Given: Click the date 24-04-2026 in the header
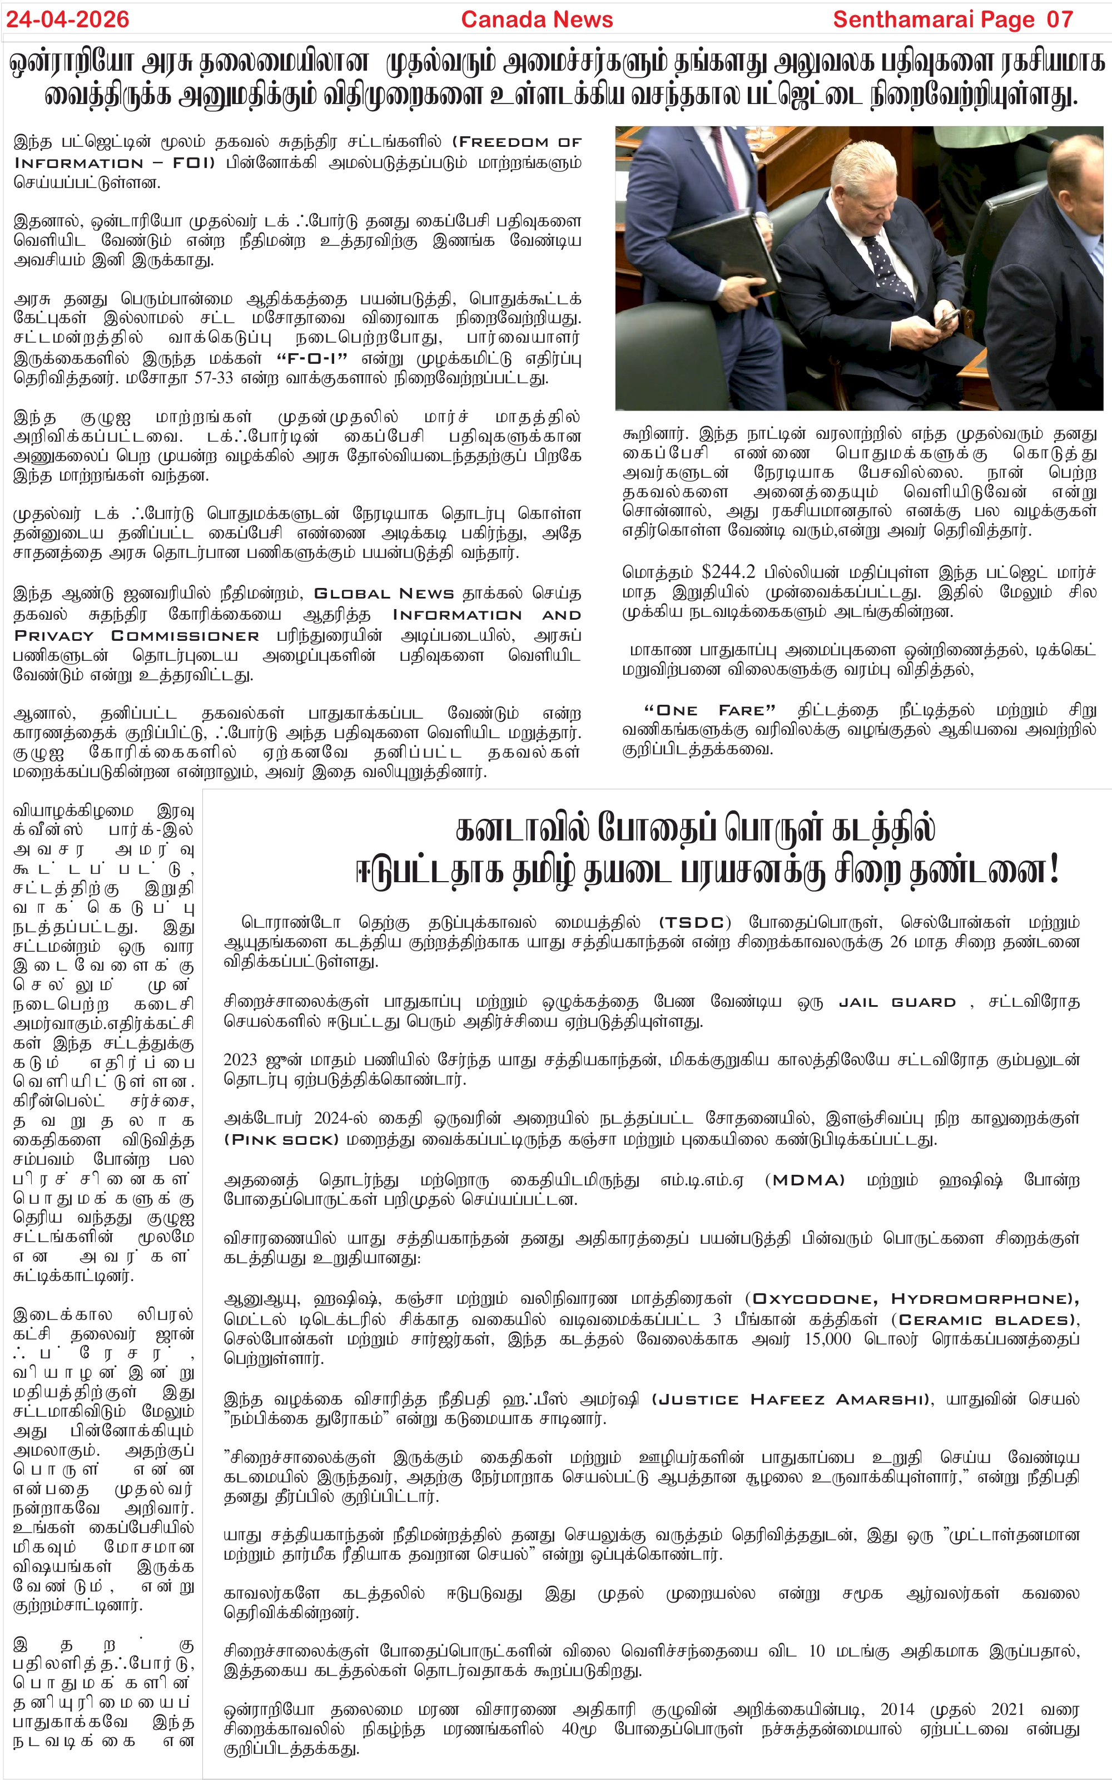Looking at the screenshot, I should point(68,19).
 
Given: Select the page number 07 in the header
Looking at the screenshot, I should point(1059,19).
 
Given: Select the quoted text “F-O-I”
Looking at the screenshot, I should point(312,359).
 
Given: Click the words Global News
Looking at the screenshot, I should point(384,594).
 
